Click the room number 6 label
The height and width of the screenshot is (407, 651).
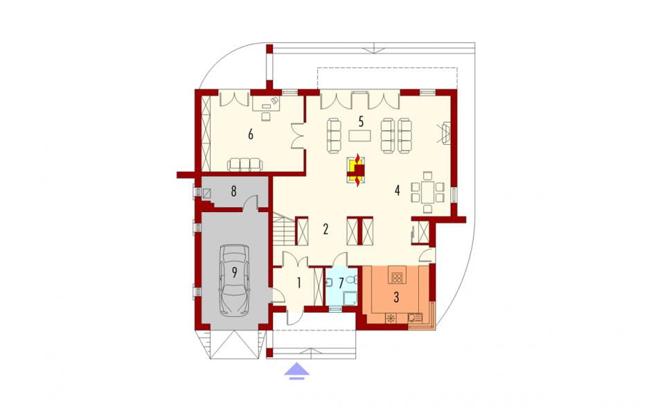click(x=250, y=135)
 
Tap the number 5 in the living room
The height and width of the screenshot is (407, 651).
click(x=361, y=122)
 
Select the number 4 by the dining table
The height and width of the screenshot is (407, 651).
click(x=398, y=191)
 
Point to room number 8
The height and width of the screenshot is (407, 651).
click(x=234, y=191)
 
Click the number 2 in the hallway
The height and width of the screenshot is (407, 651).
click(x=325, y=229)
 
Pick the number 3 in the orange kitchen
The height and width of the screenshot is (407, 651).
click(x=396, y=297)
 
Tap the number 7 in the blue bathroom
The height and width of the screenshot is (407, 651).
click(x=341, y=284)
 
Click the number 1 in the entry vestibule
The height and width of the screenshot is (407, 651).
click(x=299, y=283)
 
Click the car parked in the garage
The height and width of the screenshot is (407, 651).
click(x=235, y=279)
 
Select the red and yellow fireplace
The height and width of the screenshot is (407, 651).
click(x=357, y=168)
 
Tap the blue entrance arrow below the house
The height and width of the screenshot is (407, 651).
click(x=296, y=370)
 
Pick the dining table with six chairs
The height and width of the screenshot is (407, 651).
click(x=427, y=192)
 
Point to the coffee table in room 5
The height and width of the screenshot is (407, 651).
click(x=361, y=136)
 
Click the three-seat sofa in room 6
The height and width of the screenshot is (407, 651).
click(x=245, y=164)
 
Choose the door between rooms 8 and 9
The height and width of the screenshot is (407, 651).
click(x=250, y=204)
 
